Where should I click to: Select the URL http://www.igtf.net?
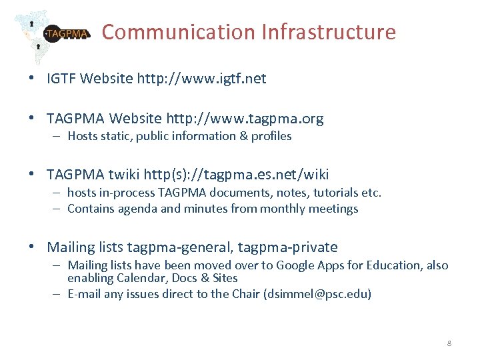click(x=201, y=79)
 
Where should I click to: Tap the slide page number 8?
click(x=449, y=343)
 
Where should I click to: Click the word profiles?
click(x=271, y=136)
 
